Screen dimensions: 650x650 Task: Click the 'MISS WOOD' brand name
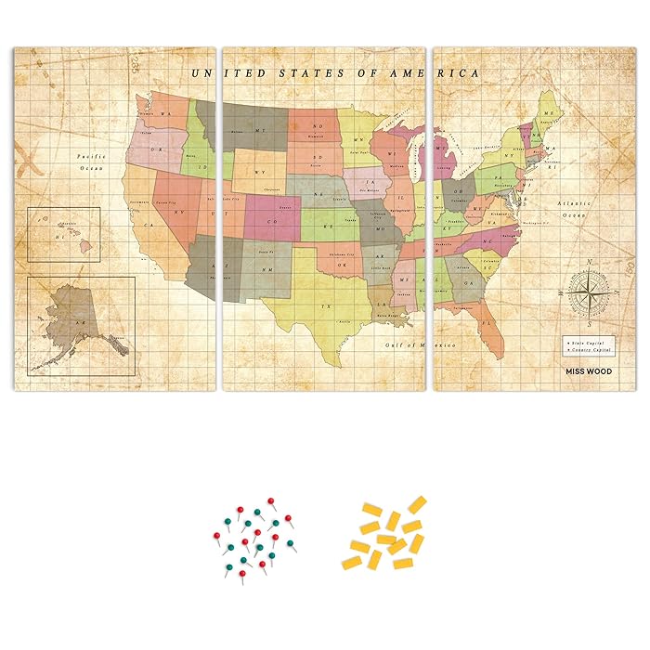click(x=589, y=370)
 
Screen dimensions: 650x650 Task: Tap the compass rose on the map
click(x=581, y=290)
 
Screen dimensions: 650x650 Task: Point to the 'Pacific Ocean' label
click(x=89, y=162)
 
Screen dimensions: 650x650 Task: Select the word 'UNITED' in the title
click(x=221, y=73)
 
